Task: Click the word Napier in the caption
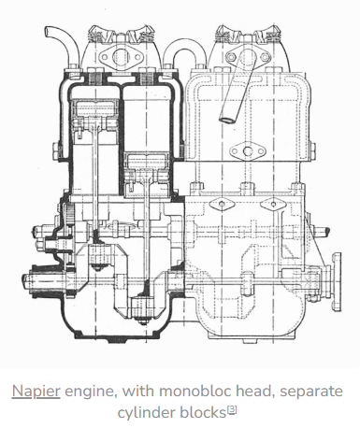36,392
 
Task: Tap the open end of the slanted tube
226,120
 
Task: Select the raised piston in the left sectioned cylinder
95,115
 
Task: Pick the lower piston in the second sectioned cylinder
147,168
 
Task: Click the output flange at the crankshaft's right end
336,282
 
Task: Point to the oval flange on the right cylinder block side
248,151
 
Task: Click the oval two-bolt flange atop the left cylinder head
120,57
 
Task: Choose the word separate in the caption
310,392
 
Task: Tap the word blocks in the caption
203,412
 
